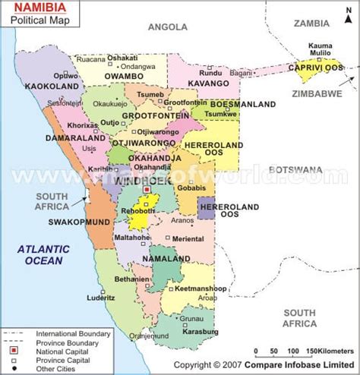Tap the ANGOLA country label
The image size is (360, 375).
coord(167,27)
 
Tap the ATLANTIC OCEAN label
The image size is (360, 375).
coord(43,255)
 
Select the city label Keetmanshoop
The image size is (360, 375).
coord(197,289)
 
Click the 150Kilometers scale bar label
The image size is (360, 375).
coord(327,351)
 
